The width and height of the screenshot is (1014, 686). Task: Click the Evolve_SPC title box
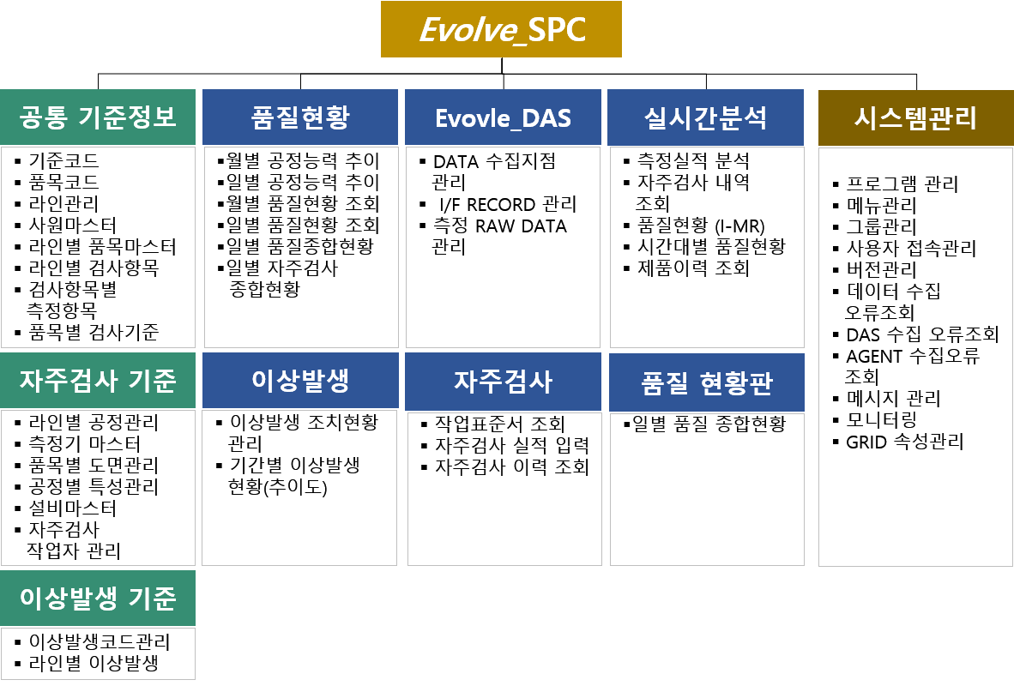point(501,29)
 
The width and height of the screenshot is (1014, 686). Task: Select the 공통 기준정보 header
point(98,117)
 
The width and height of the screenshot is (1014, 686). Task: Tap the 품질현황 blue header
point(300,117)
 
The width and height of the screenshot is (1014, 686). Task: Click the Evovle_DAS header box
point(503,117)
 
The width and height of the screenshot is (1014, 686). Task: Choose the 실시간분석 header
point(705,117)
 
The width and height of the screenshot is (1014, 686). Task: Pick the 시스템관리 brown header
point(915,117)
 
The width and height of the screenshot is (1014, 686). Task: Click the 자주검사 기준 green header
point(98,380)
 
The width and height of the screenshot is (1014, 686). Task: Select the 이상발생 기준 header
point(98,598)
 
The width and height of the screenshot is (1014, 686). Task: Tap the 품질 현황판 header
point(706,382)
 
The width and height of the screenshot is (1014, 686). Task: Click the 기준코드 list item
point(63,160)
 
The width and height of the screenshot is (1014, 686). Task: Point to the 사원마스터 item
point(72,225)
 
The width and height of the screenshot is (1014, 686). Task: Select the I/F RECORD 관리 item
point(508,204)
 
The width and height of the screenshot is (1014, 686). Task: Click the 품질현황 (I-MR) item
point(701,225)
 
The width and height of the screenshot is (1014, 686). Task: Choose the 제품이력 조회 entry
point(693,268)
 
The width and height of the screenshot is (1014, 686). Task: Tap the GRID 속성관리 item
point(905,442)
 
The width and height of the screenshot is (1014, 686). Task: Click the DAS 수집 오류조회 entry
point(923,334)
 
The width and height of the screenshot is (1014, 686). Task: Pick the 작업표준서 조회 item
point(500,424)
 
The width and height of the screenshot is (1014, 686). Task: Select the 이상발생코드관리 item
point(100,641)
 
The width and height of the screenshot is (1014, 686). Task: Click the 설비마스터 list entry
point(72,508)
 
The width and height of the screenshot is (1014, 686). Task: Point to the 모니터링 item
point(881,419)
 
